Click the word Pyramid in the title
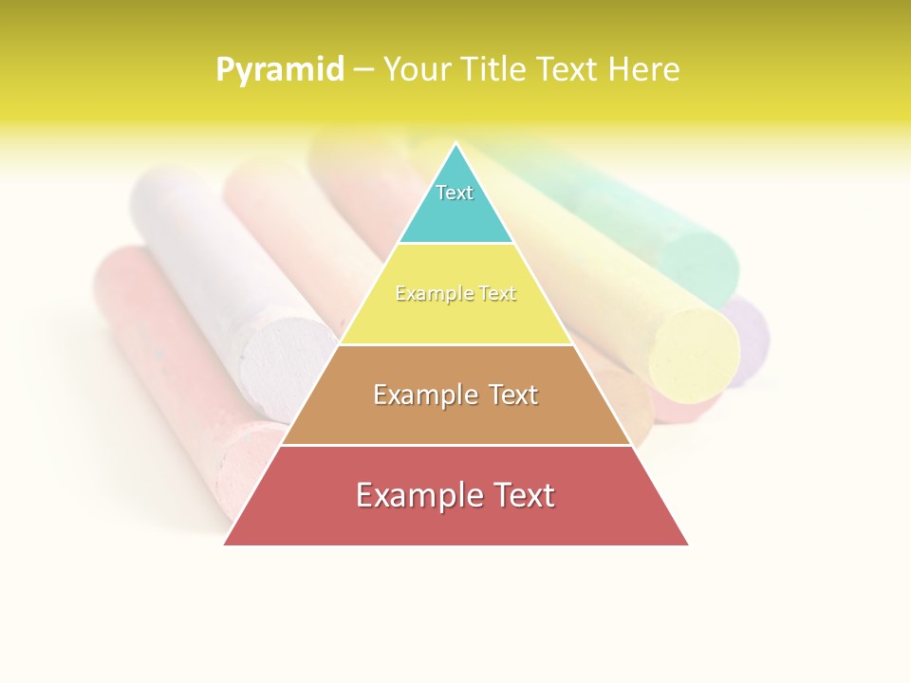coord(280,70)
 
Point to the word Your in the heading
coord(418,69)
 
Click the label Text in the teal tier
coord(455,193)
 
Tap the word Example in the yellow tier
coord(425,294)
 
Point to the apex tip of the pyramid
coord(456,144)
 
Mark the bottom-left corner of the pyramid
coord(226,544)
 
